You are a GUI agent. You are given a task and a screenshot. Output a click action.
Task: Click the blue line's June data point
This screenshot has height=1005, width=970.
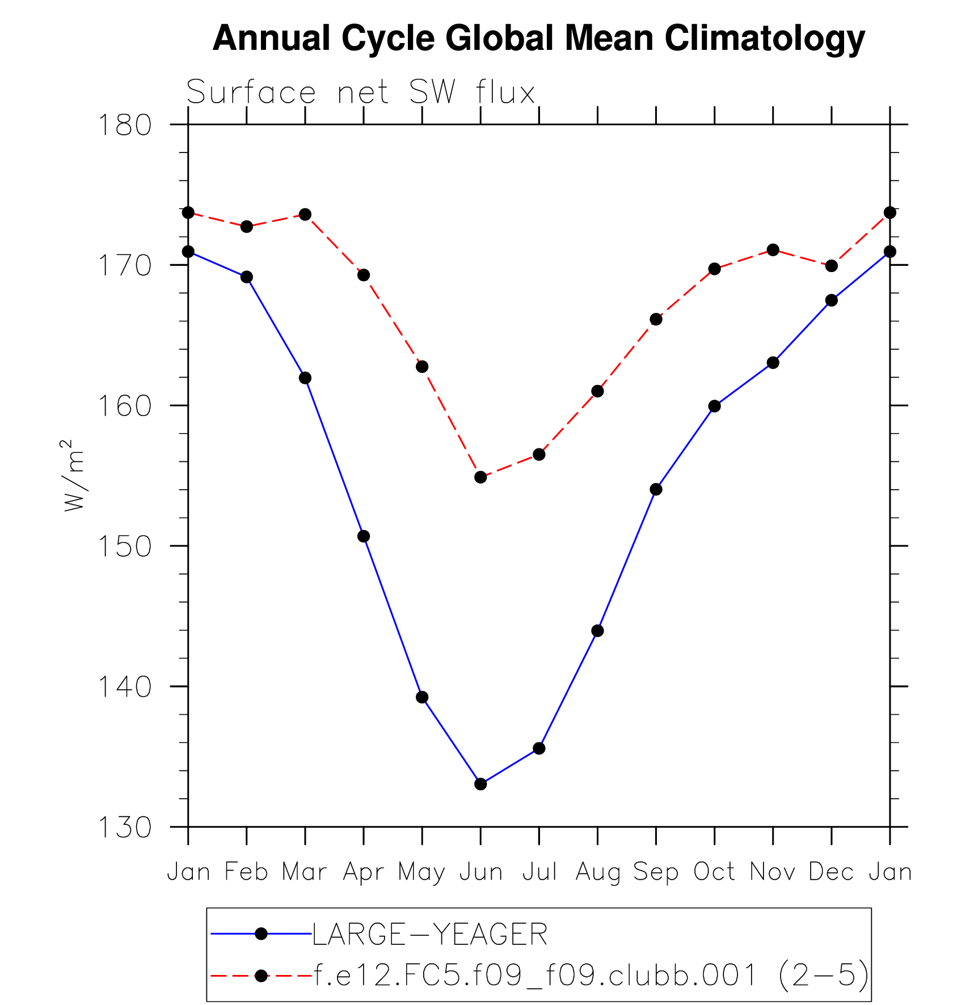[480, 784]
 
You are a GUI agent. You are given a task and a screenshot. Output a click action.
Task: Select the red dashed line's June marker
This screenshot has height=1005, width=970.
[480, 477]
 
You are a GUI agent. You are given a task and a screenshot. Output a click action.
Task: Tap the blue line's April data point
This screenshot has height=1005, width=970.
[364, 536]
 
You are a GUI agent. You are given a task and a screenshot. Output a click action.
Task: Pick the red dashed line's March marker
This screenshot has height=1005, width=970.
[305, 214]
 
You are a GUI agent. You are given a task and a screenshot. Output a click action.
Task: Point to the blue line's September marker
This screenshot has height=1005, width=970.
[656, 489]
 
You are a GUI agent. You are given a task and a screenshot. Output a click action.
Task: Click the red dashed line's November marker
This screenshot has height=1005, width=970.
[773, 250]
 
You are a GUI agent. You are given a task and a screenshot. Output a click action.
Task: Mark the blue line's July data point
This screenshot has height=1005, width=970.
[539, 748]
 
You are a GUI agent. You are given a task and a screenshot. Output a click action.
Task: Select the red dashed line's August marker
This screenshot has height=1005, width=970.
[597, 391]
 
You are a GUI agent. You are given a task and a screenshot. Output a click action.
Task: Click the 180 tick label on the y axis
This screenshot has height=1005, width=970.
[125, 125]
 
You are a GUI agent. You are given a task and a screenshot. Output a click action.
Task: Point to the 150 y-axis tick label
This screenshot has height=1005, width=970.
[125, 546]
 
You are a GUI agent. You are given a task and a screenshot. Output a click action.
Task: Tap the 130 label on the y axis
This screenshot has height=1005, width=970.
[125, 828]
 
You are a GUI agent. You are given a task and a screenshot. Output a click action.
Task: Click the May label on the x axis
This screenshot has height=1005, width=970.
[421, 872]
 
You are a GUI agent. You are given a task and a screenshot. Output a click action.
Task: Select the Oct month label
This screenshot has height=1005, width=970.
[714, 871]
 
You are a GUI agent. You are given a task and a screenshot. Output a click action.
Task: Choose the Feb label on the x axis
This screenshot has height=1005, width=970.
[246, 871]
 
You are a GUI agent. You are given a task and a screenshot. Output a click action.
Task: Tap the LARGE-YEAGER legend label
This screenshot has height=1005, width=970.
[430, 934]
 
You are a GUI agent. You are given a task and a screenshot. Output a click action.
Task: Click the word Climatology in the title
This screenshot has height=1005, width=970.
[765, 39]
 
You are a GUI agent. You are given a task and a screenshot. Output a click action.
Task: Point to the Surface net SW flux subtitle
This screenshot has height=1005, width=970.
[361, 92]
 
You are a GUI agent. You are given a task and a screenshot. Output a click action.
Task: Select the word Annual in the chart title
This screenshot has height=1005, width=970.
[271, 39]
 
